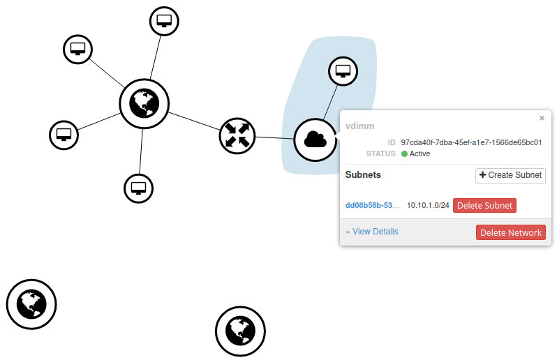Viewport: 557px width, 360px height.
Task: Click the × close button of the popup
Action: click(542, 118)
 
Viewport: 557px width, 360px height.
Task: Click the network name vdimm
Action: click(360, 126)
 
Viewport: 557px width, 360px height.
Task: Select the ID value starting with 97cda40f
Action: click(471, 142)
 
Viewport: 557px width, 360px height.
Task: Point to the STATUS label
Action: click(381, 153)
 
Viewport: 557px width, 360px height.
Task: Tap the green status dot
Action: click(404, 153)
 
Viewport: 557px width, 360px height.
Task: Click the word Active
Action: click(420, 153)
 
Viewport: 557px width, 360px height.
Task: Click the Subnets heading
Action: click(363, 174)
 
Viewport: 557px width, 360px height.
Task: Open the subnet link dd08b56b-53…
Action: click(372, 205)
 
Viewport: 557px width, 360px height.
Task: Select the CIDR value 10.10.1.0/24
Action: click(428, 205)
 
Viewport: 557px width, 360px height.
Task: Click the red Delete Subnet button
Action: click(484, 206)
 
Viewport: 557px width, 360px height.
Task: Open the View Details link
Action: click(372, 232)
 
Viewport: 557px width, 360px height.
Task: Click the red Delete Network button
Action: click(511, 232)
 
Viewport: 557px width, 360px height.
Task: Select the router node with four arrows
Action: click(237, 135)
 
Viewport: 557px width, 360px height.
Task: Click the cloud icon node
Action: click(315, 140)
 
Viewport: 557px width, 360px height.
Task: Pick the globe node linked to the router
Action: click(144, 103)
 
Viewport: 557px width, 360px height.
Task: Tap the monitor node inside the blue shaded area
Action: click(343, 71)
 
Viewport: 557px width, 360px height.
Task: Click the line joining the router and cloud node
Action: click(274, 137)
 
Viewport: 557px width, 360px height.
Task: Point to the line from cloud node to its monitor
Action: click(331, 103)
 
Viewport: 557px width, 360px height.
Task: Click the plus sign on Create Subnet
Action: click(482, 174)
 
